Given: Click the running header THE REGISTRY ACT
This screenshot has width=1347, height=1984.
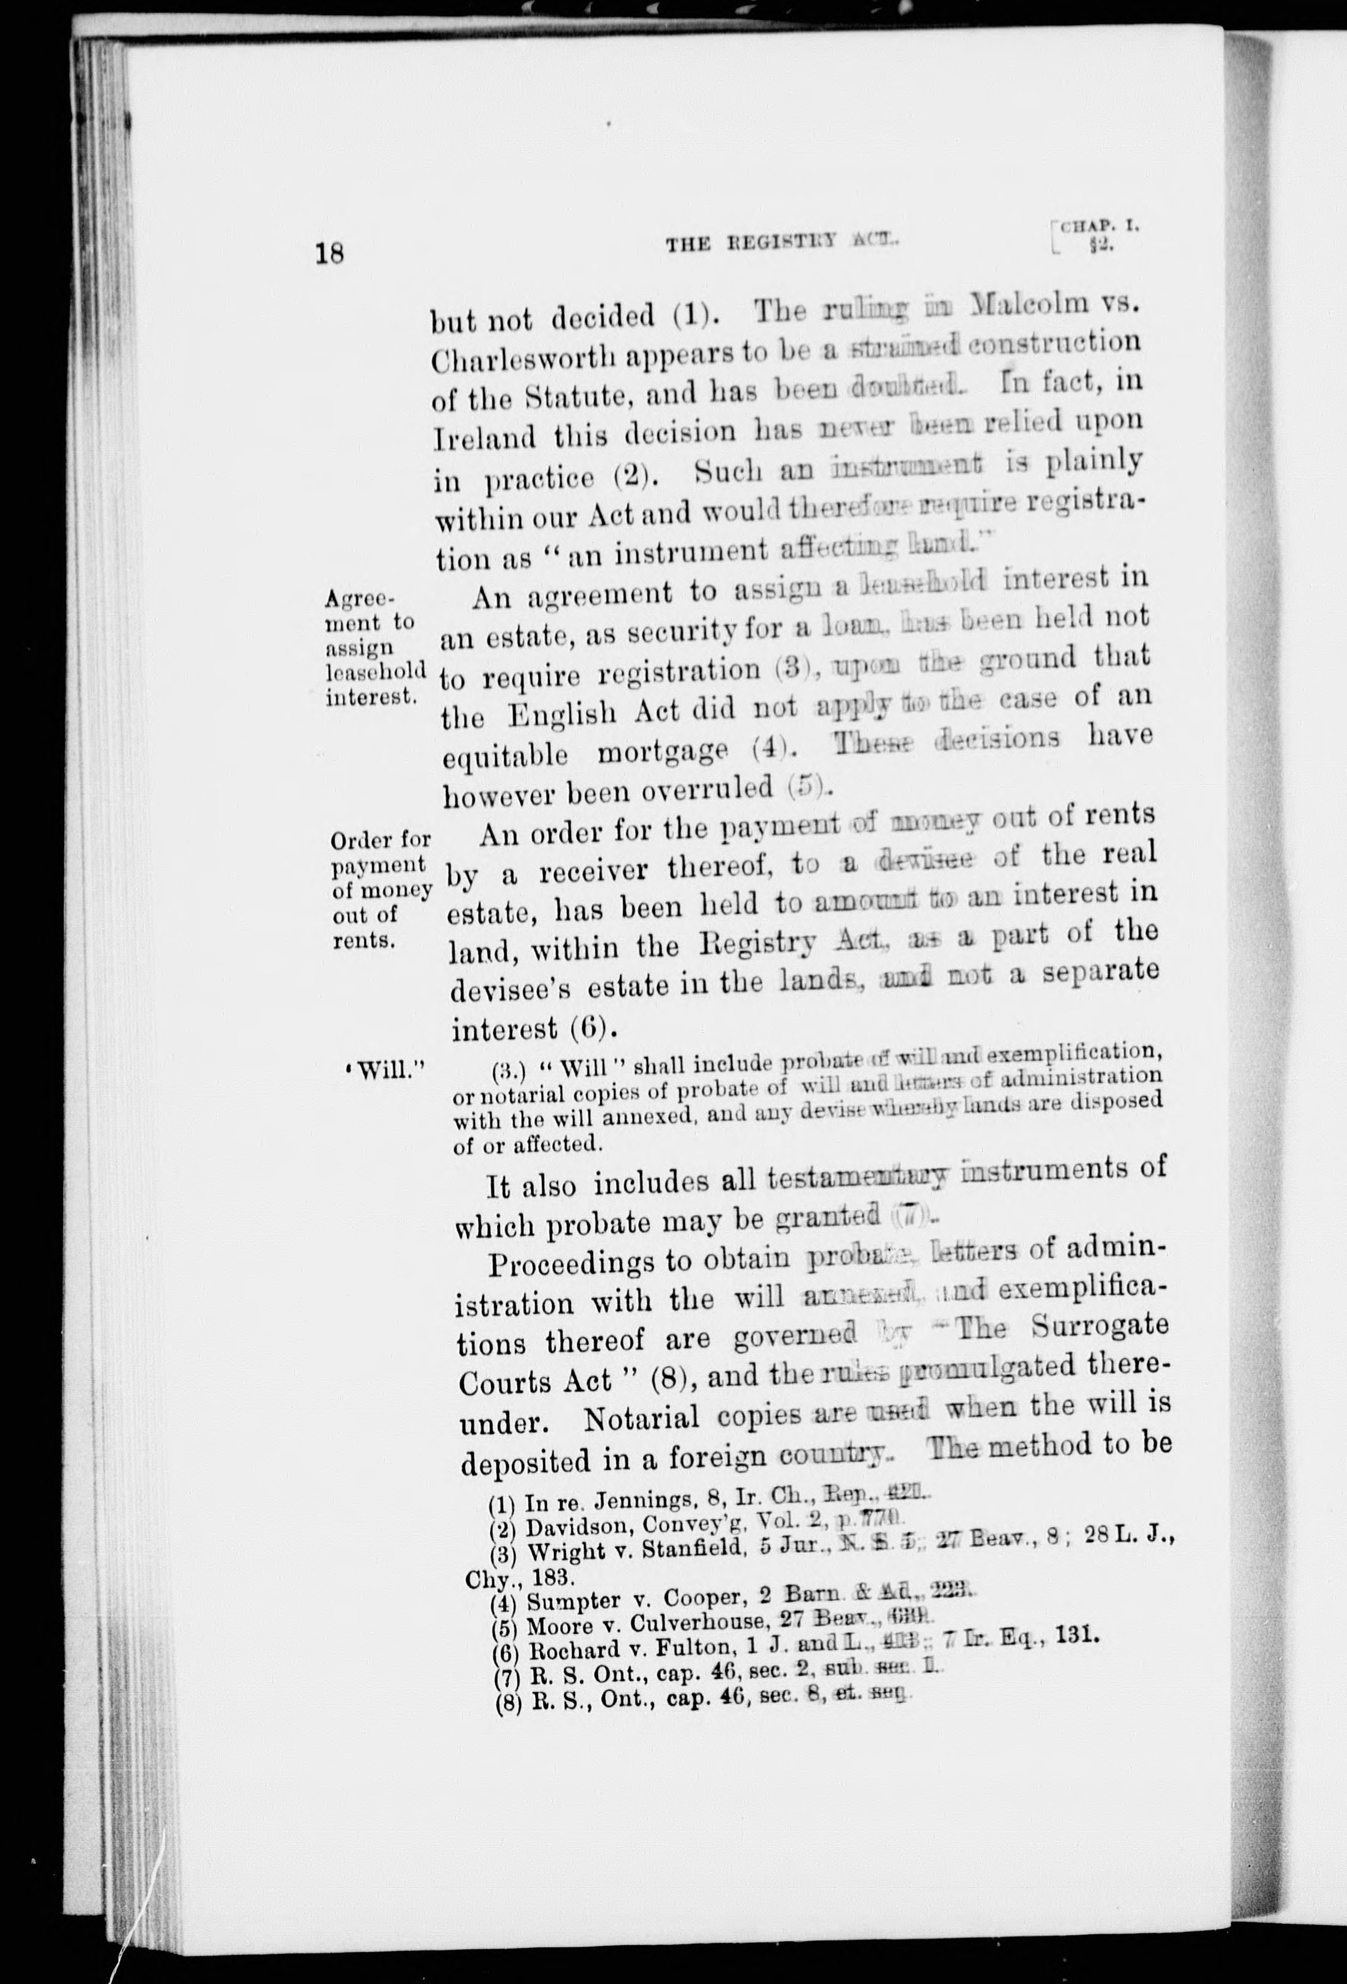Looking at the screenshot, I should [777, 244].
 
